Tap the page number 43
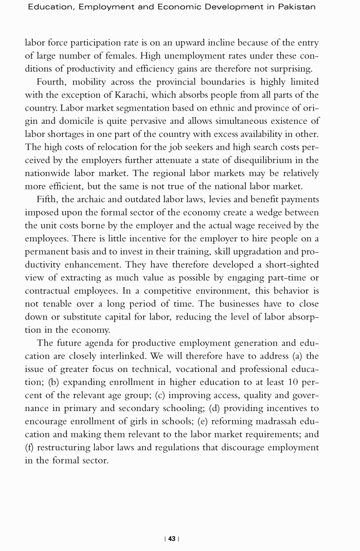(171, 539)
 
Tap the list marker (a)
(298, 356)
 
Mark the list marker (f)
(30, 448)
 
